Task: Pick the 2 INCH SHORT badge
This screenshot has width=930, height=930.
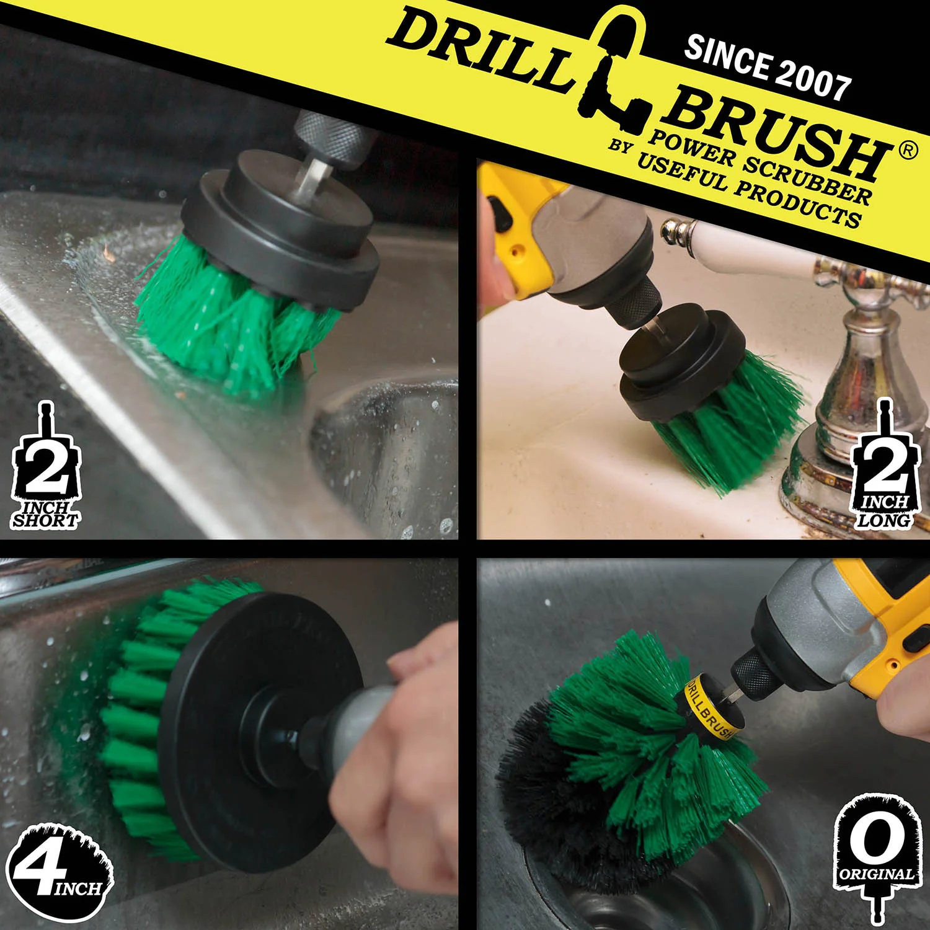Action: (x=46, y=468)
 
